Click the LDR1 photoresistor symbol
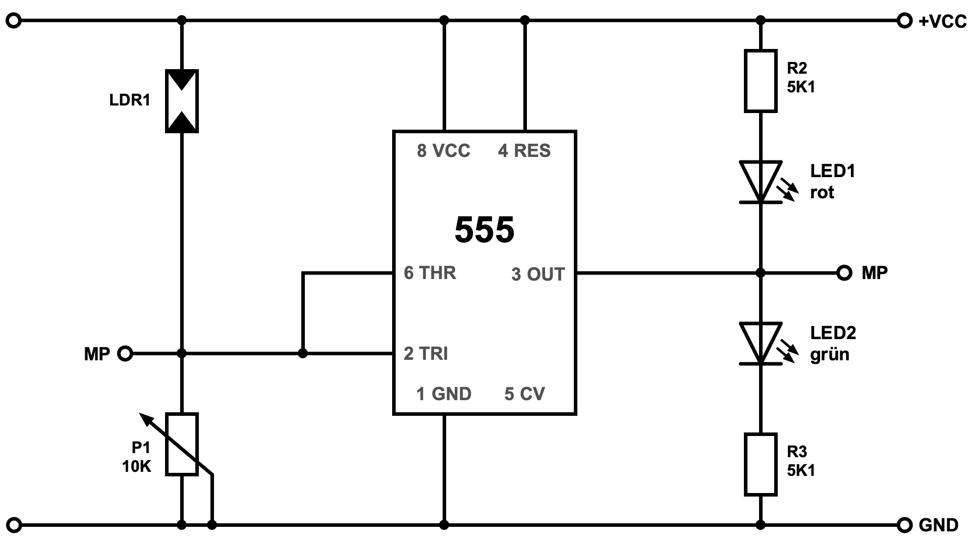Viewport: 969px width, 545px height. [x=182, y=101]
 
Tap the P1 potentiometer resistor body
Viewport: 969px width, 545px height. [x=182, y=444]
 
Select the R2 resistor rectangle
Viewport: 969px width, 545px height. [x=761, y=81]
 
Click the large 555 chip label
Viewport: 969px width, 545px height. [x=484, y=230]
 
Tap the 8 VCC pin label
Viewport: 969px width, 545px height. [x=444, y=150]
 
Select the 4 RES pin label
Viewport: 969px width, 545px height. [x=524, y=150]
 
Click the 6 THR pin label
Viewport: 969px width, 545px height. [x=430, y=273]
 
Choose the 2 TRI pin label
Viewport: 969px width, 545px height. [x=426, y=354]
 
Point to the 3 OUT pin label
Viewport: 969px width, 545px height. [x=538, y=274]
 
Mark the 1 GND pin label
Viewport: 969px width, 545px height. [x=444, y=394]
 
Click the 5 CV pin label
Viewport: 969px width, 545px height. [x=524, y=394]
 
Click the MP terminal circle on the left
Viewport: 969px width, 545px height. [x=125, y=354]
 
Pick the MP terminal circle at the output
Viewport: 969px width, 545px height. [x=844, y=273]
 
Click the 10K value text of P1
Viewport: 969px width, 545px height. [x=137, y=466]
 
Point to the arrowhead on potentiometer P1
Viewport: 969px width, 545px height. [x=144, y=417]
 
